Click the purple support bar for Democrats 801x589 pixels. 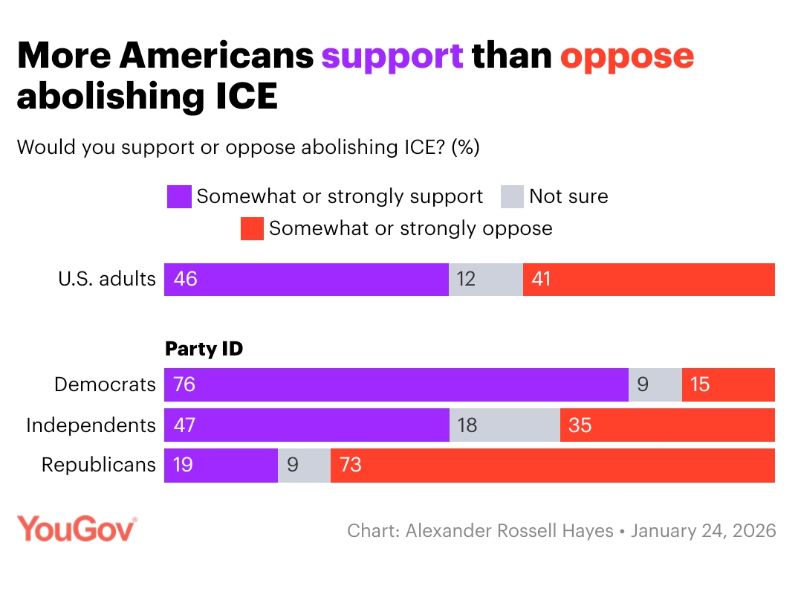coord(396,384)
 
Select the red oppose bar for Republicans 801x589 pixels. coord(552,466)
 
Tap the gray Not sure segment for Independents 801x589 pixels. coord(505,425)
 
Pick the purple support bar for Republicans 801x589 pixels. coord(221,466)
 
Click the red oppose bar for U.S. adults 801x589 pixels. coord(649,280)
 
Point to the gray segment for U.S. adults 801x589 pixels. coord(486,280)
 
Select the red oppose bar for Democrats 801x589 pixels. coord(728,384)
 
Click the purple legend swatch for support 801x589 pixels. coord(179,197)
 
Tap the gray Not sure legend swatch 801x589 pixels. coord(512,197)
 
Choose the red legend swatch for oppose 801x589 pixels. coord(252,228)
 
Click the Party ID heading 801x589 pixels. coord(204,349)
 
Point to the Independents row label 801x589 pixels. coord(91,425)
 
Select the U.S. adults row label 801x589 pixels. coord(107,280)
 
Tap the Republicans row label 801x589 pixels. coord(99,466)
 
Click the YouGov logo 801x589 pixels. coord(77,530)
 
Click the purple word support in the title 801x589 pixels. coord(392,57)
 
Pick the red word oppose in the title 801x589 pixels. coord(627,57)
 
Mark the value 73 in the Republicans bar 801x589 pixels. coord(351,466)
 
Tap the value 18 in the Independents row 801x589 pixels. coord(467,425)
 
